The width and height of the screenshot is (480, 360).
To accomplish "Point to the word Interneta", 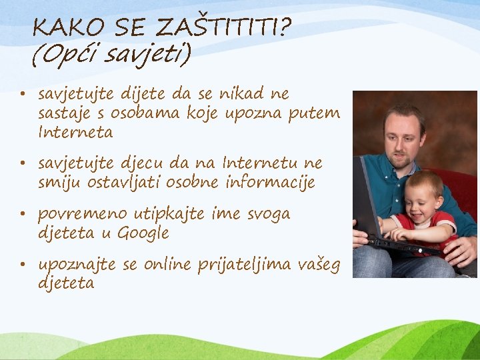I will [75, 132].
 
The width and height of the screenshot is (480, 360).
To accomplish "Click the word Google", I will [143, 233].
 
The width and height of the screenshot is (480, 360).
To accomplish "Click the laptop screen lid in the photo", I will [365, 200].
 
